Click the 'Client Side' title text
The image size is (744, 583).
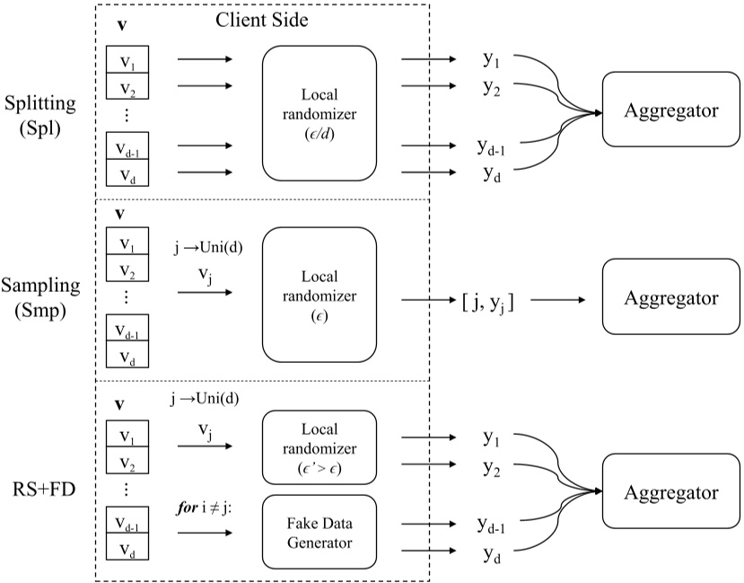click(263, 20)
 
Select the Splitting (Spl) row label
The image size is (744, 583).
click(39, 115)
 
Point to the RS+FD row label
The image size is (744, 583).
click(44, 492)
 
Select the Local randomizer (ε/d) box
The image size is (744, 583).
click(318, 112)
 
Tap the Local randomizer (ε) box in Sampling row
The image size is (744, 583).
click(318, 294)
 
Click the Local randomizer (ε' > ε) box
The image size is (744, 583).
click(318, 446)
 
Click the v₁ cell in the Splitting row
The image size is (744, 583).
click(127, 62)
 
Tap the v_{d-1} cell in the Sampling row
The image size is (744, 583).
click(127, 330)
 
